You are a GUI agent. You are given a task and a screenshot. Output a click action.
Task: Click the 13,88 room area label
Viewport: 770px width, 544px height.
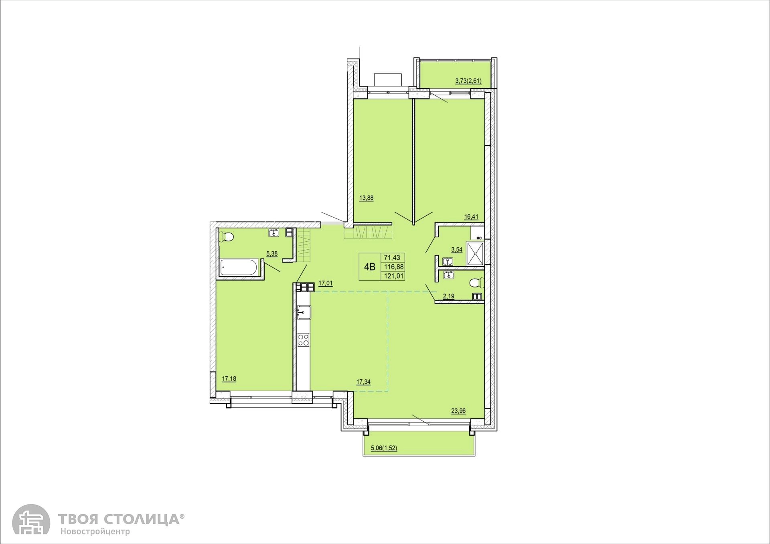367,198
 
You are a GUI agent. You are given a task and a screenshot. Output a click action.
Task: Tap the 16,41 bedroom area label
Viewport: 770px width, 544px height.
471,217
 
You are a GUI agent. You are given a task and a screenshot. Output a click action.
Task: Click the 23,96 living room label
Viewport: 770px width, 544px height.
458,411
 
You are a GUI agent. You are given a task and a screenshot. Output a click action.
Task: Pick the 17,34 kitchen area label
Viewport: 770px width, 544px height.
363,382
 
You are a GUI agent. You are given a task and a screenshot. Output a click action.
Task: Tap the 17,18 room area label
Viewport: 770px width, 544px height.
229,378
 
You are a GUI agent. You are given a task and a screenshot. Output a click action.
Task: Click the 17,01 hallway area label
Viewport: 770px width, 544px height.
325,283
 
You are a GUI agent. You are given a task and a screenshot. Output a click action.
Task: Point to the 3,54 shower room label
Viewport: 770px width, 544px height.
457,250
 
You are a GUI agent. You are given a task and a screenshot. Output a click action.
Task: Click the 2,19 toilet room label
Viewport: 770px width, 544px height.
448,297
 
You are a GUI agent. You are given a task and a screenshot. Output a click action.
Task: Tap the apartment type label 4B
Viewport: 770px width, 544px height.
369,267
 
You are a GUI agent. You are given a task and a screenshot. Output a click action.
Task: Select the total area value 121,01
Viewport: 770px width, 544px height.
394,276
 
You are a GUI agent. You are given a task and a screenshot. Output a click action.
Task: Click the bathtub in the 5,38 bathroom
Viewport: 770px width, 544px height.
239,267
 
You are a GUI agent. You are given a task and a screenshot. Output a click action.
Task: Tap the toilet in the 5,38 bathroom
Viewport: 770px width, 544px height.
227,237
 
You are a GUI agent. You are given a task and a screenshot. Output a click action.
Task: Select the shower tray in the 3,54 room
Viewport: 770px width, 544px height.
475,253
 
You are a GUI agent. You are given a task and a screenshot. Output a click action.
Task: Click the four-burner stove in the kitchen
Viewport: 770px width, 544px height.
304,340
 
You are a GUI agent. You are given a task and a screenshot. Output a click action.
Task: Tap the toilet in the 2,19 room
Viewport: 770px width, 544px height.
477,283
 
